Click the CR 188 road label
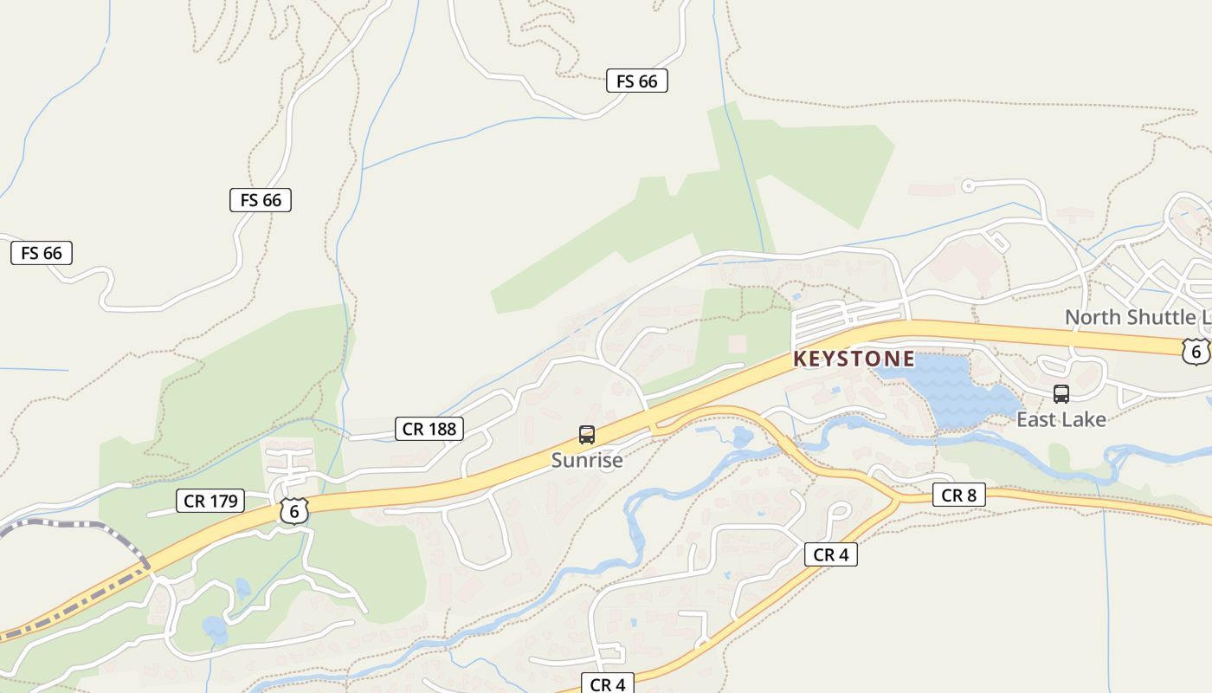429,429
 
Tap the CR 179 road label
210,501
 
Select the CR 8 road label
958,495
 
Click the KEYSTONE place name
854,359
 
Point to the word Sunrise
587,460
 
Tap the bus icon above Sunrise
587,435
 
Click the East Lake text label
1060,419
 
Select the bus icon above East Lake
1061,394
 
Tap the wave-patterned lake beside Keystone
952,390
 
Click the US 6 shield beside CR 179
294,511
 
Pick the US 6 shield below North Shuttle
1196,351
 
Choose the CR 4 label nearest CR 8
831,554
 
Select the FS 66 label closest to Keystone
636,81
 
